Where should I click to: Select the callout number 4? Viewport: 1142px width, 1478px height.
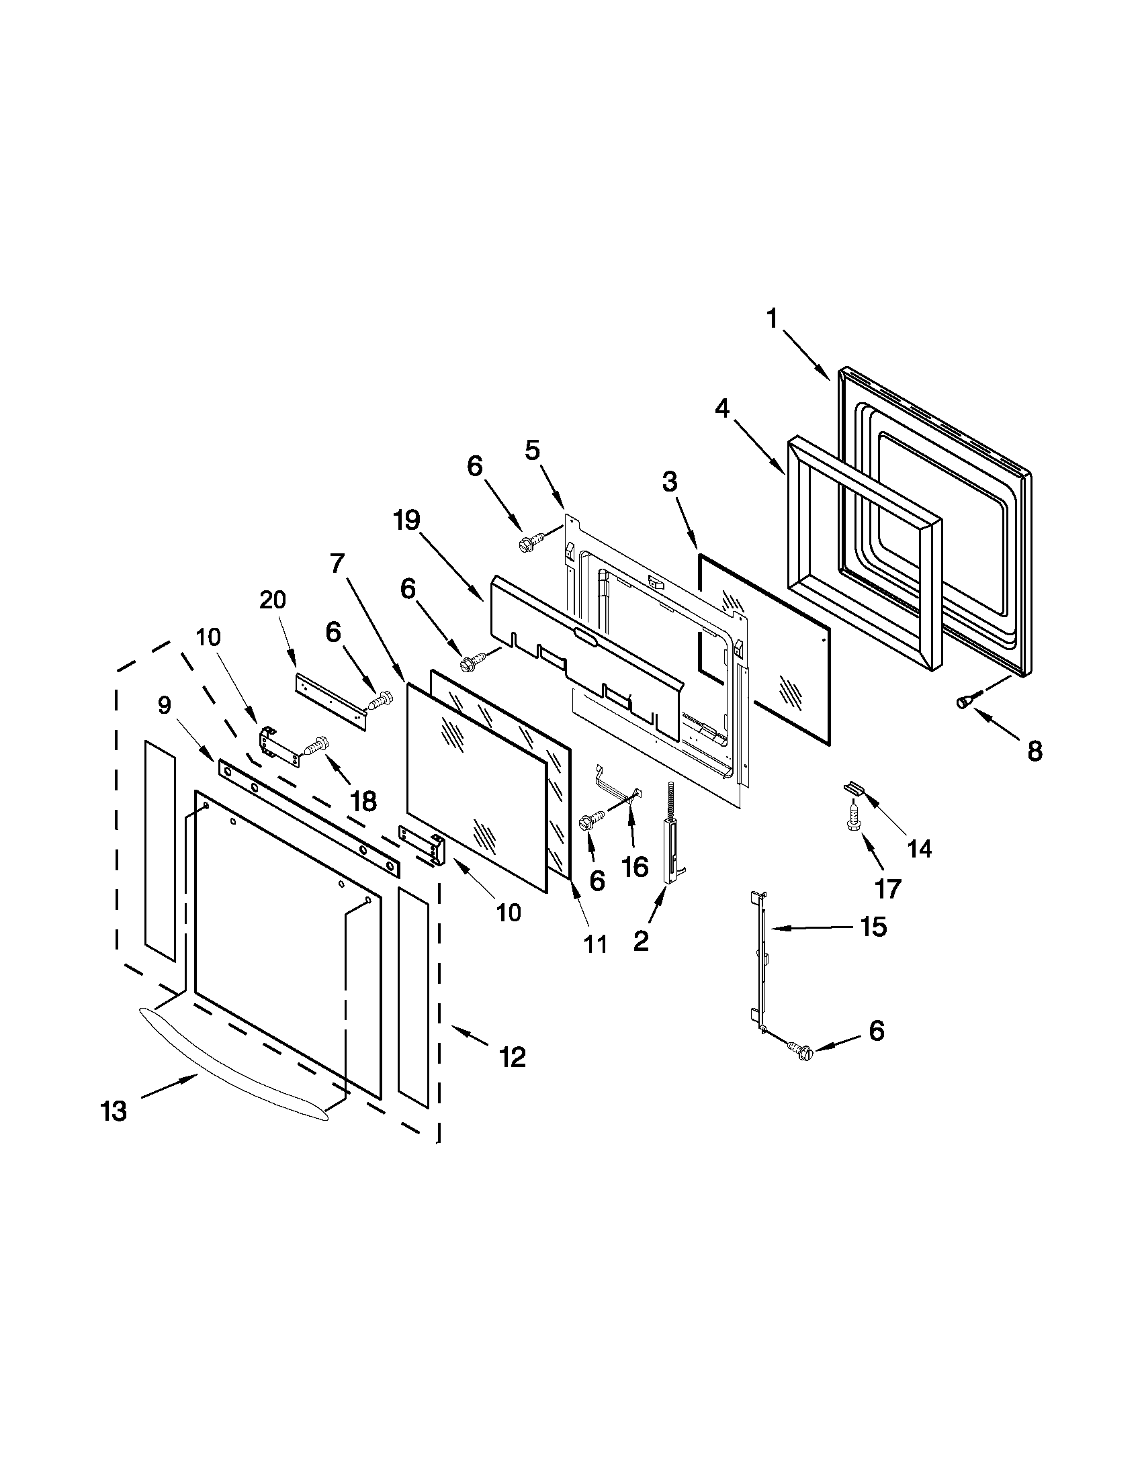click(x=723, y=409)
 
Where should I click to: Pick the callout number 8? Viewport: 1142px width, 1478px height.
click(x=1035, y=752)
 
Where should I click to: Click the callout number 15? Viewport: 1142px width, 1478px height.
click(x=874, y=927)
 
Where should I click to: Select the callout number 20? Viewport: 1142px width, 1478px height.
click(x=273, y=600)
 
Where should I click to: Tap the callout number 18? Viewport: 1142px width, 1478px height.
click(x=363, y=801)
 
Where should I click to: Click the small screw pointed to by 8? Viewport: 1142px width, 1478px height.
click(x=965, y=702)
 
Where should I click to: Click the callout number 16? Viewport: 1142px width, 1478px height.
click(x=635, y=866)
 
